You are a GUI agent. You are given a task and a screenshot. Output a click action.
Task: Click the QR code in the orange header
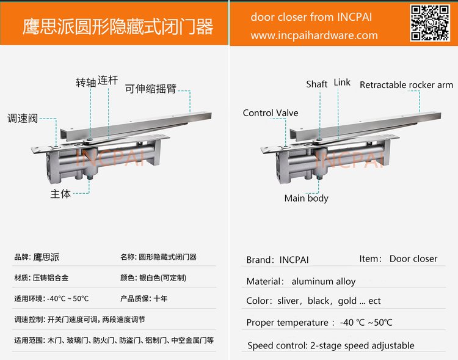pos(430,23)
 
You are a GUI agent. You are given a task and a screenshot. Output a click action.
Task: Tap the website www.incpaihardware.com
pos(314,35)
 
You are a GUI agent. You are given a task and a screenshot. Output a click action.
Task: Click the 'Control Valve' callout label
pos(271,113)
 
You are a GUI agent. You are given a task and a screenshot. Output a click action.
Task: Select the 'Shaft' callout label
pos(316,84)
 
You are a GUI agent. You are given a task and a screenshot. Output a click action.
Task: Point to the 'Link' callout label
pos(342,82)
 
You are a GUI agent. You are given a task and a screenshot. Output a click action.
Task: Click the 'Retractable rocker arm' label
pos(406,85)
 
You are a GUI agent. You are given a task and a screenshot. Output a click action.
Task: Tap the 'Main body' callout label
pos(306,198)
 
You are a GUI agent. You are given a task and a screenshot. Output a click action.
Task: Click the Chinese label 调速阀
pos(23,119)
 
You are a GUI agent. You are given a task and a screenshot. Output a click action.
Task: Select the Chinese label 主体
pos(60,194)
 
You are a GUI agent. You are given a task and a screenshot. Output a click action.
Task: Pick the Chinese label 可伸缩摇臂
pos(151,88)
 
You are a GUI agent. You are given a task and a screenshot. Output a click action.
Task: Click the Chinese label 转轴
pos(86,82)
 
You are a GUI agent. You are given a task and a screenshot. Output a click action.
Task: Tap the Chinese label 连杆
pos(107,80)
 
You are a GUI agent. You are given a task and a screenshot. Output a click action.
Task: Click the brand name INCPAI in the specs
pos(294,260)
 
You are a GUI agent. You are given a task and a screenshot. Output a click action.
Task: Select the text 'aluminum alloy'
pos(323,281)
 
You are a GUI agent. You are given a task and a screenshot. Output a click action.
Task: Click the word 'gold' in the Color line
pos(347,301)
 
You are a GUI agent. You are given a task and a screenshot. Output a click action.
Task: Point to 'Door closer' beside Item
pos(413,259)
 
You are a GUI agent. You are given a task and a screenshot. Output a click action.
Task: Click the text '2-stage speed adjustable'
pos(362,345)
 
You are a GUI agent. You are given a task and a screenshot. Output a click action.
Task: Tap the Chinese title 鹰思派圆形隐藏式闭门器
pos(118,27)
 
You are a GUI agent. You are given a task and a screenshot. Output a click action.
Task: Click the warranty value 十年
pos(161,299)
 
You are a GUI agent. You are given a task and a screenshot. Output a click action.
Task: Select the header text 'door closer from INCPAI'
pos(311,17)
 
